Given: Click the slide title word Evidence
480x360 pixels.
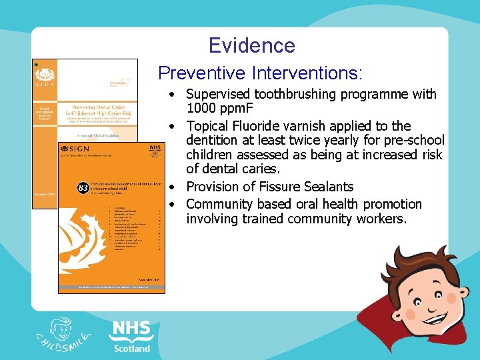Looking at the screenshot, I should [x=251, y=45].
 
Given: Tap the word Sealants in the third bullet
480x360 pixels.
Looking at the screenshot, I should [x=329, y=187].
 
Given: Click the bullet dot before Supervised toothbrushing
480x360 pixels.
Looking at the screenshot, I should [x=172, y=94].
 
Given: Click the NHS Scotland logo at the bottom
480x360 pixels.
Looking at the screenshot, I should [x=131, y=335].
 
